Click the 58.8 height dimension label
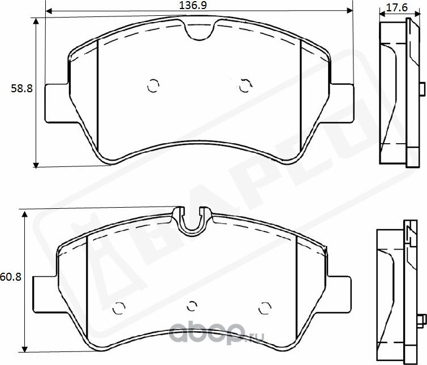(x=22, y=88)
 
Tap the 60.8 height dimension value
(x=10, y=277)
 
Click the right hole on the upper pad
(x=245, y=86)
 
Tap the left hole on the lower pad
(x=119, y=308)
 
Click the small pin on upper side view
(x=421, y=89)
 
